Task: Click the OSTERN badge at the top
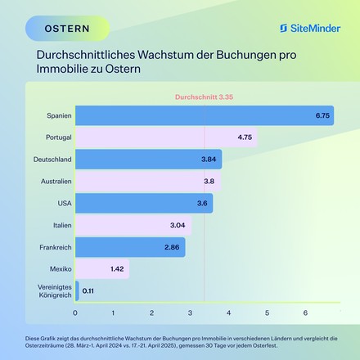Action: (x=68, y=29)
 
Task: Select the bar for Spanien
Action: (x=205, y=115)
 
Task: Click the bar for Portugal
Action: (x=166, y=137)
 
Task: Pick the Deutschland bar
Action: (x=148, y=160)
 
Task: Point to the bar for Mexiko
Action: (x=102, y=268)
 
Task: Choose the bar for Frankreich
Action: (x=130, y=246)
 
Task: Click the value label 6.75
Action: (x=322, y=115)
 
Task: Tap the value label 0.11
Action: (x=88, y=290)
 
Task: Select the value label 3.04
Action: (x=178, y=225)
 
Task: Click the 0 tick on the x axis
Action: (x=75, y=313)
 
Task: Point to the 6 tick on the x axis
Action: (x=305, y=313)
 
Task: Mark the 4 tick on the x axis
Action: (x=228, y=313)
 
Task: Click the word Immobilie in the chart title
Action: (x=60, y=70)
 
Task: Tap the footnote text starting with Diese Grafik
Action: (x=180, y=340)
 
